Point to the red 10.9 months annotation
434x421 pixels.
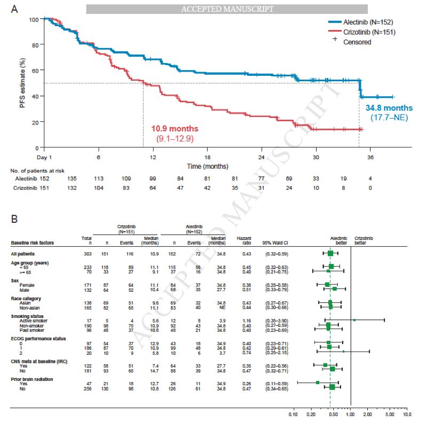(x=175, y=129)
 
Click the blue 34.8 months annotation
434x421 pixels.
(x=389, y=108)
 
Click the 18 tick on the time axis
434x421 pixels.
(x=207, y=158)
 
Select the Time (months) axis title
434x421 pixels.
(x=207, y=167)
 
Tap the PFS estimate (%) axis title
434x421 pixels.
(x=23, y=83)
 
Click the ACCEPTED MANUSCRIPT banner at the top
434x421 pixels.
(x=227, y=9)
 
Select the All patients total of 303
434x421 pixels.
(x=85, y=253)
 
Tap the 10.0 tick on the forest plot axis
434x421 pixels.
(x=407, y=414)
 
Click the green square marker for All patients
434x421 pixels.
(x=330, y=253)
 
